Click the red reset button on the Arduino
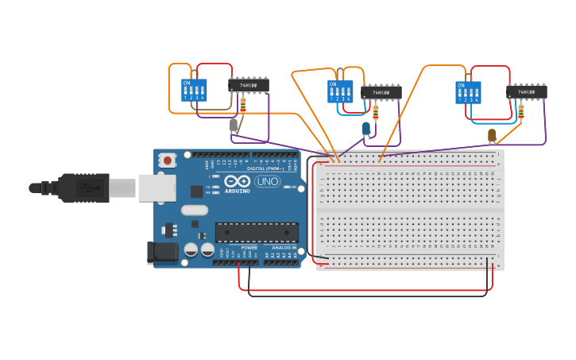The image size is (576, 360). pyautogui.click(x=168, y=160)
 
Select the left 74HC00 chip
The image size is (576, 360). pyautogui.click(x=249, y=85)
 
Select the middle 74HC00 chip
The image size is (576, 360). pyautogui.click(x=381, y=93)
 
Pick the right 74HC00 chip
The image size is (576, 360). pyautogui.click(x=526, y=92)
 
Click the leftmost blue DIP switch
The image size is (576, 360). pyautogui.click(x=194, y=90)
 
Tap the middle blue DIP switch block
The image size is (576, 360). pyautogui.click(x=340, y=91)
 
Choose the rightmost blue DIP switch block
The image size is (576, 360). pyautogui.click(x=468, y=92)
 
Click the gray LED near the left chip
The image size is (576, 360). pyautogui.click(x=234, y=125)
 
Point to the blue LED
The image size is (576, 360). pyautogui.click(x=366, y=128)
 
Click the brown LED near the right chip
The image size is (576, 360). pyautogui.click(x=492, y=134)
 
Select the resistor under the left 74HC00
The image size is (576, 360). pyautogui.click(x=242, y=103)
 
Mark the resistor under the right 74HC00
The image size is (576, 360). pyautogui.click(x=521, y=110)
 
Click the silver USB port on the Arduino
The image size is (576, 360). pyautogui.click(x=157, y=188)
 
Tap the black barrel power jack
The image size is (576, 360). pyautogui.click(x=162, y=253)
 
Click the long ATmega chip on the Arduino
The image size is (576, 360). pyautogui.click(x=257, y=232)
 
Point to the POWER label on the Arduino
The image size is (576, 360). pyautogui.click(x=249, y=247)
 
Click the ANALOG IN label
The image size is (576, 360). pyautogui.click(x=284, y=247)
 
